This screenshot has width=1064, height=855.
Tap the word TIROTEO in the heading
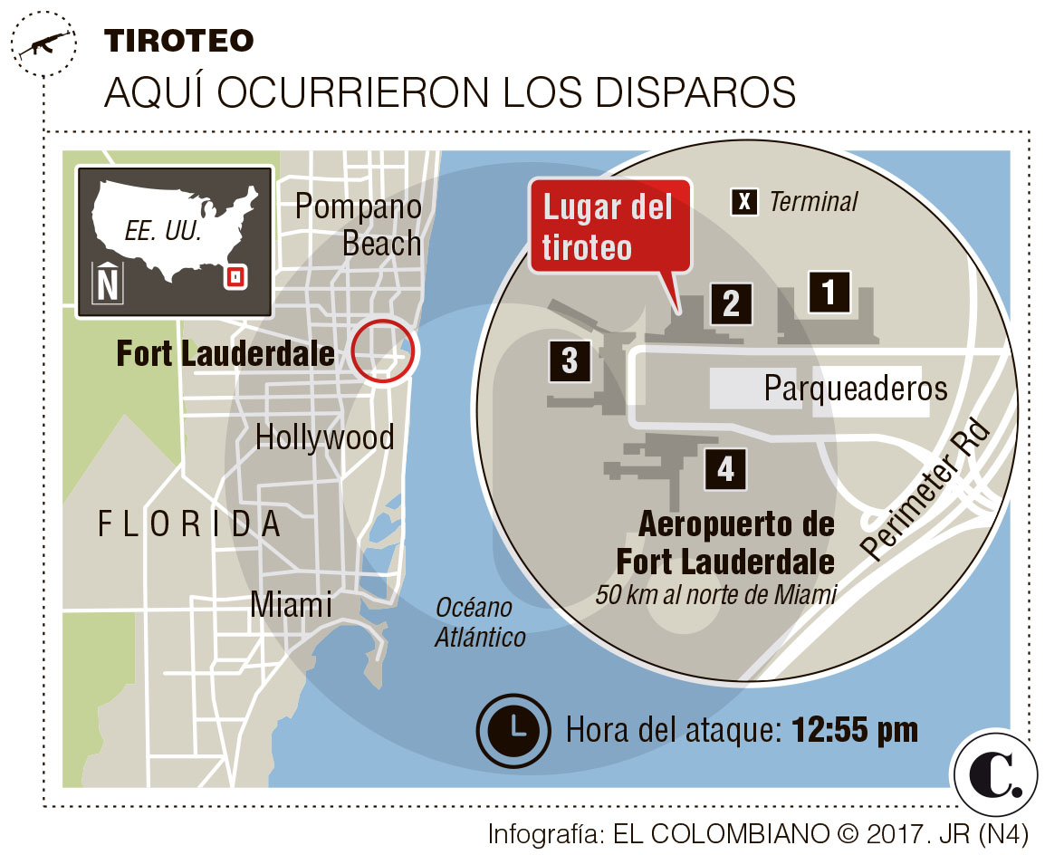pyautogui.click(x=178, y=40)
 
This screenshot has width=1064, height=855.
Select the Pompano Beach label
pyautogui.click(x=359, y=225)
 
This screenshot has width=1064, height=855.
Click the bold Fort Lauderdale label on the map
pyautogui.click(x=225, y=353)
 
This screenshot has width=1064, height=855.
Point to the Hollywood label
pyautogui.click(x=324, y=437)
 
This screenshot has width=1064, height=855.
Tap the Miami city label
pyautogui.click(x=291, y=604)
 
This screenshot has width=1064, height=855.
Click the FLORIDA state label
pyautogui.click(x=189, y=524)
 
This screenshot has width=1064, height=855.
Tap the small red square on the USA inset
pyautogui.click(x=235, y=277)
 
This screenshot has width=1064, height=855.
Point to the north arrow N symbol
pyautogui.click(x=108, y=283)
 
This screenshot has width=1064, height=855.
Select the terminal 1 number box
pyautogui.click(x=828, y=292)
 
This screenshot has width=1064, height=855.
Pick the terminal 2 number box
pyautogui.click(x=731, y=303)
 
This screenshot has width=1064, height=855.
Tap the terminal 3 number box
pyautogui.click(x=569, y=360)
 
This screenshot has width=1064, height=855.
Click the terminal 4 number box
pyautogui.click(x=725, y=468)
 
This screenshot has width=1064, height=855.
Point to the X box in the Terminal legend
pyautogui.click(x=744, y=202)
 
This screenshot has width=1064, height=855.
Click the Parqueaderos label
pyautogui.click(x=855, y=389)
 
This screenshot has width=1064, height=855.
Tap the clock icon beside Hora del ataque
pyautogui.click(x=513, y=729)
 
